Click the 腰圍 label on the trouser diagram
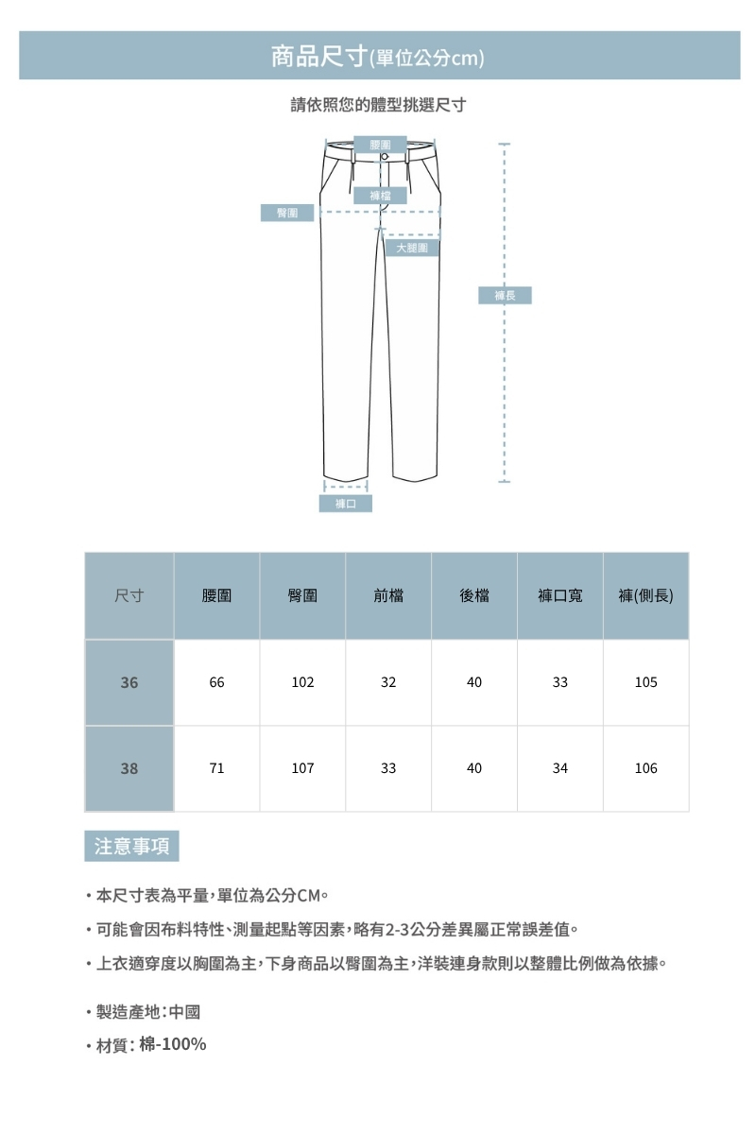pos(381,144)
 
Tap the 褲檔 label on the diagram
pos(381,196)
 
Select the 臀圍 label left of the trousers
pos(287,213)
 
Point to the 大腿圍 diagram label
pos(412,248)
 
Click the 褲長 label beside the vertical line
pos(505,296)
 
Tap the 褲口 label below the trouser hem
pos(345,504)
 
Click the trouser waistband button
pos(385,156)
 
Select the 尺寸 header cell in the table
pos(129,596)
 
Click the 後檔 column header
pos(474,596)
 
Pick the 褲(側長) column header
pos(645,596)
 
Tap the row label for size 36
pos(129,682)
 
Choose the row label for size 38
pos(129,768)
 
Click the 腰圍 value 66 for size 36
pos(217,682)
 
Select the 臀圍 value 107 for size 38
pos(302,768)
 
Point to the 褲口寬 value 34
pos(560,768)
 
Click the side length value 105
pos(646,682)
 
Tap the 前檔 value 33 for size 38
pos(388,768)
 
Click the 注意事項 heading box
pos(131,846)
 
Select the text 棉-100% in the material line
pos(173,1044)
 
